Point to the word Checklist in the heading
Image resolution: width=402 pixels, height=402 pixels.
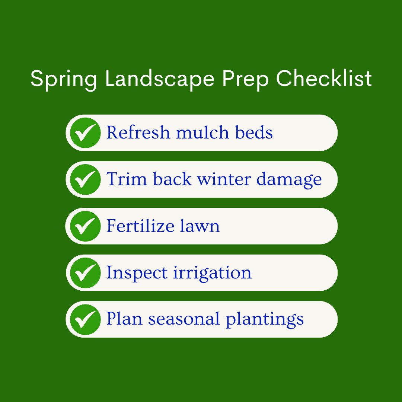pyautogui.click(x=324, y=79)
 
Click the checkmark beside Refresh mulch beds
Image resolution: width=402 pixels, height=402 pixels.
pyautogui.click(x=85, y=133)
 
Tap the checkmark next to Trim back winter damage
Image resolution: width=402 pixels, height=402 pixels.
pyautogui.click(x=85, y=179)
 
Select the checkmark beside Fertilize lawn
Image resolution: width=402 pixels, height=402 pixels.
pyautogui.click(x=85, y=226)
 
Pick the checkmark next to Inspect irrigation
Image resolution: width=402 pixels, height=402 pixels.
pyautogui.click(x=85, y=273)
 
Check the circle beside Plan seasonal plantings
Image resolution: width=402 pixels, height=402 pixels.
pyautogui.click(x=85, y=319)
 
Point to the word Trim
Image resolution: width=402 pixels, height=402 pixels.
pyautogui.click(x=127, y=179)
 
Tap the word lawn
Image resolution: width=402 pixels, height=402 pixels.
pyautogui.click(x=204, y=226)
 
